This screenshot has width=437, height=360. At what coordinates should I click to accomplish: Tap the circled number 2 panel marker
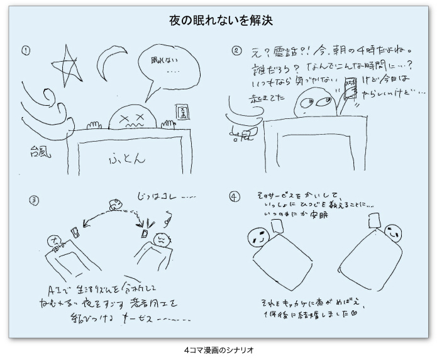pyautogui.click(x=237, y=50)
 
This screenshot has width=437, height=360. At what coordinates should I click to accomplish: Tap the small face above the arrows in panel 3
pyautogui.click(x=114, y=204)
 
